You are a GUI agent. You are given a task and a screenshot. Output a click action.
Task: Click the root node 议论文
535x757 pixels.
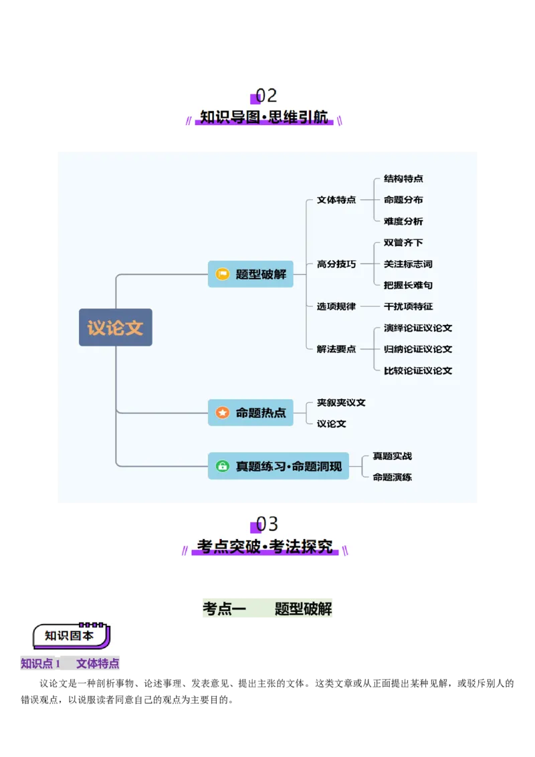116,327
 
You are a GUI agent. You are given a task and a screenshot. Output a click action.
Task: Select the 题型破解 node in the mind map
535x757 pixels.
251,274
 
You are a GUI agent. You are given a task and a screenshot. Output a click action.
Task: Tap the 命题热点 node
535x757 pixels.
251,413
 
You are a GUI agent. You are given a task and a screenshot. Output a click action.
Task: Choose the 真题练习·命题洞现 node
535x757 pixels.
278,466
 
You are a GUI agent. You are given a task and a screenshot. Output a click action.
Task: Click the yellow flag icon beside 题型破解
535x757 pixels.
223,274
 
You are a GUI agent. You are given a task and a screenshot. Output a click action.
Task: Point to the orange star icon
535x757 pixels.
223,413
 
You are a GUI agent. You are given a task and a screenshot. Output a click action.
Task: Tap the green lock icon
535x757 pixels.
223,466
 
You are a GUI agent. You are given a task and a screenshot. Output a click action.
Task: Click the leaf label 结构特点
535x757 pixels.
403,179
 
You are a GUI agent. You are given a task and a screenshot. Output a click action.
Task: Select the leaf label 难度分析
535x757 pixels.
403,221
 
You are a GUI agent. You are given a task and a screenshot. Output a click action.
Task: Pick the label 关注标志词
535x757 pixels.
408,264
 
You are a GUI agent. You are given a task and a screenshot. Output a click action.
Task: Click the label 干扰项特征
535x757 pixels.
408,306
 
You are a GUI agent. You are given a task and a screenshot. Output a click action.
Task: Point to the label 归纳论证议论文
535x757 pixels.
418,349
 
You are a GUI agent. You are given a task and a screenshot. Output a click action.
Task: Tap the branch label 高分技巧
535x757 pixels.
336,264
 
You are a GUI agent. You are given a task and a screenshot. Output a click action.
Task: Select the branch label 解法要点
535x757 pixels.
336,349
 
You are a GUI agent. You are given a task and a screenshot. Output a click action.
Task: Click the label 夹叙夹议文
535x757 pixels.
341,403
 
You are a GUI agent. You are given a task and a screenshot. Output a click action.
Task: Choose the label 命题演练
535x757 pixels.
393,477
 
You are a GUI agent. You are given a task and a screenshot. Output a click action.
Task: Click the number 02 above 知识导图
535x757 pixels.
266,96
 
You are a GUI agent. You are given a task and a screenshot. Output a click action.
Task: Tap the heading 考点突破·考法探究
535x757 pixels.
265,546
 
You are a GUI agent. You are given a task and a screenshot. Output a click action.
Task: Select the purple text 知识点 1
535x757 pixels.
41,663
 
